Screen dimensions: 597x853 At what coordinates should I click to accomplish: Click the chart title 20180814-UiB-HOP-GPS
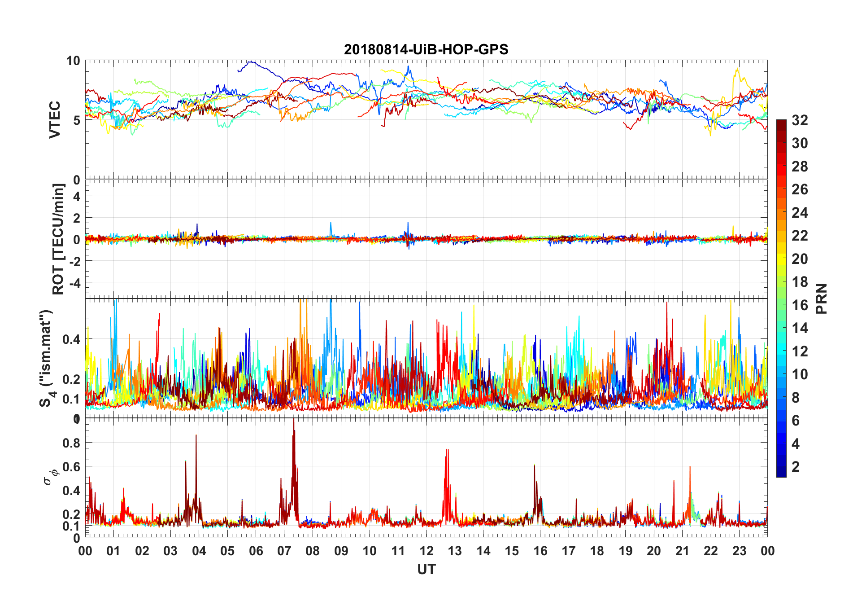point(426,49)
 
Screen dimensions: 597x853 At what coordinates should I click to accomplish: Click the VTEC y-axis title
point(55,120)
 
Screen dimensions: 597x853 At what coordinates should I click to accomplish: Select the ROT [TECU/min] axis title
point(58,239)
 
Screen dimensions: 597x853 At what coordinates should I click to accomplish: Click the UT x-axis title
point(426,569)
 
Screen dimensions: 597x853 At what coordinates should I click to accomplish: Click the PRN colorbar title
point(821,298)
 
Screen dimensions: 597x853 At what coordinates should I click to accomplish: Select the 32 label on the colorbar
point(800,120)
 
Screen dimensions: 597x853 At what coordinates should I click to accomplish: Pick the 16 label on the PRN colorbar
point(800,305)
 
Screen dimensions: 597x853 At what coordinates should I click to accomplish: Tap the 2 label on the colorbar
point(796,467)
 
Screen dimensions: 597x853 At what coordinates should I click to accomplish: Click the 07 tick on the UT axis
point(284,551)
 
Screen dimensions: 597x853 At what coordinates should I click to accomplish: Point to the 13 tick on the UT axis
point(455,551)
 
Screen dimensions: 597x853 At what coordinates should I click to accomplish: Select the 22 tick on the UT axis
point(711,551)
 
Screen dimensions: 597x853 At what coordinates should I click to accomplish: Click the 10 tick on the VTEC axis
point(73,61)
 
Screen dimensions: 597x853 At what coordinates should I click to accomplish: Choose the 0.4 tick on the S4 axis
point(72,339)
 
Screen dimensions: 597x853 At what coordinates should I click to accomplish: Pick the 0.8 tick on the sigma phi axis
point(72,443)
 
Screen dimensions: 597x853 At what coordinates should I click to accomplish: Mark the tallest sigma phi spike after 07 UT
point(294,420)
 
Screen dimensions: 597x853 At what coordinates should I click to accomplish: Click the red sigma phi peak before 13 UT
point(446,450)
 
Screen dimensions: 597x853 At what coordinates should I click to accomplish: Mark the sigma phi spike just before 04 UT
point(196,436)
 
